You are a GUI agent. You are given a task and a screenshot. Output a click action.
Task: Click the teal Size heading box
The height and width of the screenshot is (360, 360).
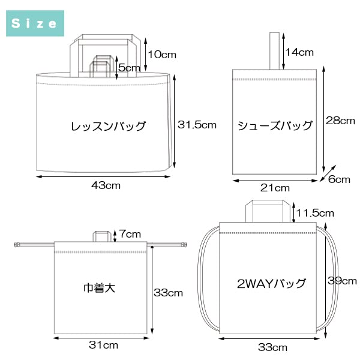(35, 23)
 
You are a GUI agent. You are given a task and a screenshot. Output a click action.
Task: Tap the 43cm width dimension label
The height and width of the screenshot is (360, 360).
(106, 185)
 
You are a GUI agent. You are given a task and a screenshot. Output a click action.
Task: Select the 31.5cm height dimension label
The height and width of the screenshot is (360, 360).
(197, 125)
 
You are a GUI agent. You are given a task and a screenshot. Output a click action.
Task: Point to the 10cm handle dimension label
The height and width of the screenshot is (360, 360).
(162, 55)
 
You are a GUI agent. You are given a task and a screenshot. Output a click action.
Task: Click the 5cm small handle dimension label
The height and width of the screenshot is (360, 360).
(129, 68)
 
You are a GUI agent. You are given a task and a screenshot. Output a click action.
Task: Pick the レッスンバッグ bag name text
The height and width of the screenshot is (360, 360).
(108, 126)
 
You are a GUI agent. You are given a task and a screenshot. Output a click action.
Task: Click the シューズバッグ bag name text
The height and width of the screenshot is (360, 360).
(275, 125)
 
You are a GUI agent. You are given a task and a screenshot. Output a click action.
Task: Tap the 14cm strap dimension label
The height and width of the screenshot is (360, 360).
(299, 52)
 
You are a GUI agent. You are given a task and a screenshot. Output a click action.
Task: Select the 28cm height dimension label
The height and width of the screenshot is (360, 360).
(340, 121)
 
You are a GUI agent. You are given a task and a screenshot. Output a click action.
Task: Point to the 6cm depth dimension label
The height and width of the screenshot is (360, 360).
(339, 179)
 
